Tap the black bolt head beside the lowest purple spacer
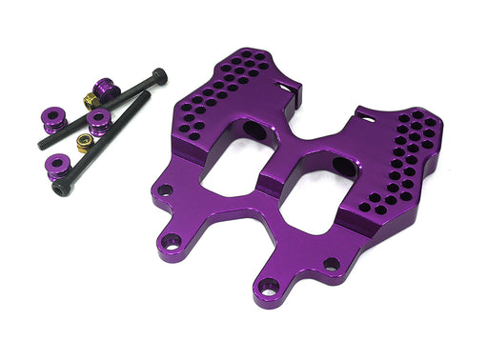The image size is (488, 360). pyautogui.click(x=59, y=190)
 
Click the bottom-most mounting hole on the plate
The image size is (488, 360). pyautogui.click(x=270, y=287)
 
